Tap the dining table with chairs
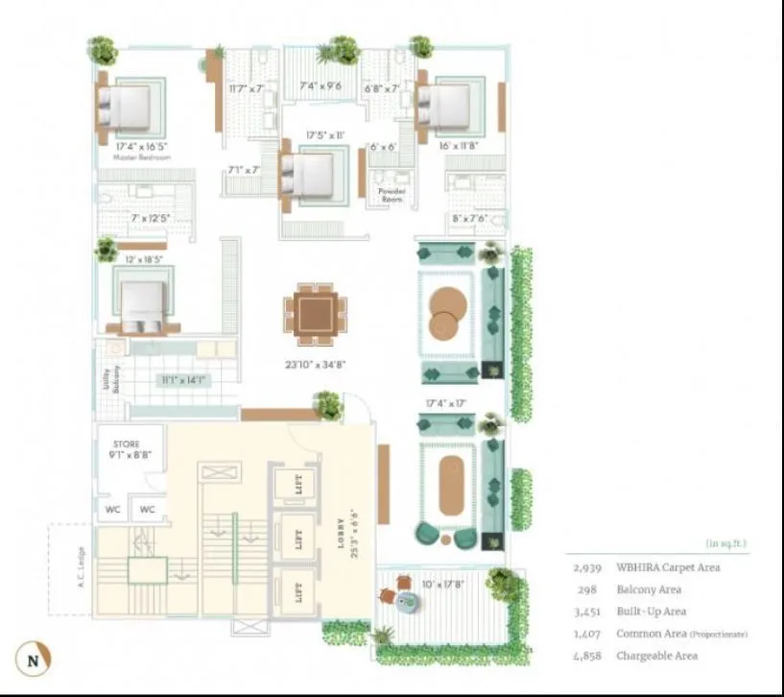click(x=315, y=314)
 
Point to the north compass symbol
click(x=35, y=661)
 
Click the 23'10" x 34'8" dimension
click(x=314, y=364)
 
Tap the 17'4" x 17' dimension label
click(x=445, y=403)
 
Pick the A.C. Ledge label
click(x=82, y=569)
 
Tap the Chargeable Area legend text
click(x=657, y=656)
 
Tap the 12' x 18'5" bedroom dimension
click(x=143, y=260)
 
